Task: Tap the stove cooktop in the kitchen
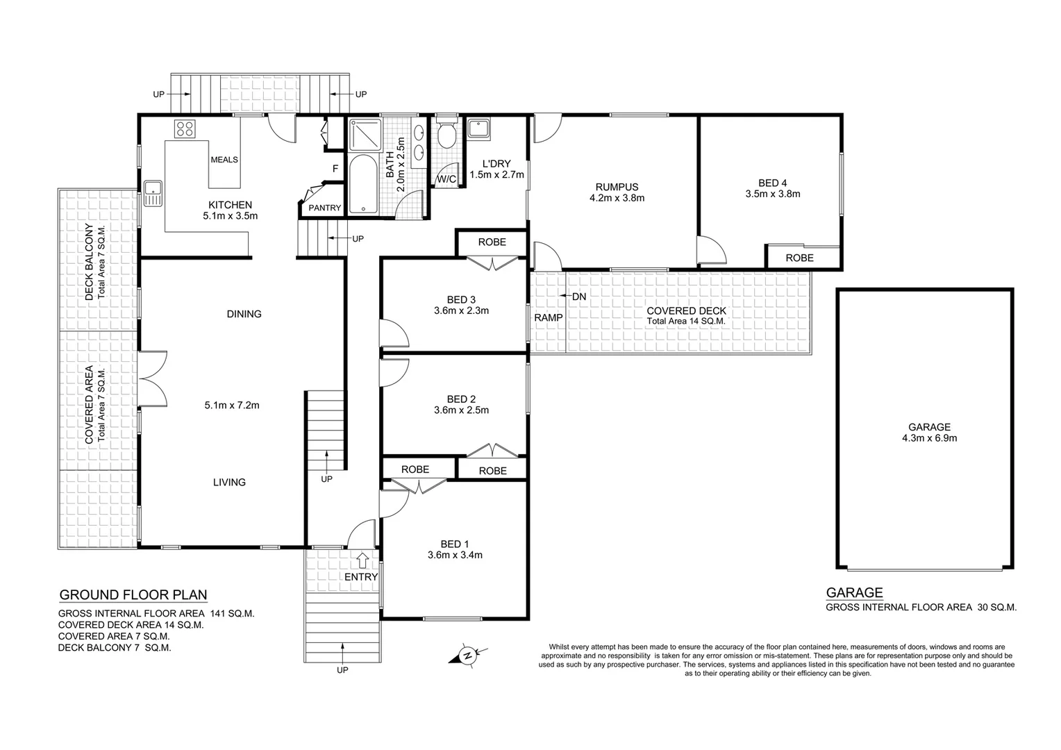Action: [x=185, y=128]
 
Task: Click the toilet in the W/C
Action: [x=446, y=134]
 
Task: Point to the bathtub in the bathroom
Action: [x=361, y=185]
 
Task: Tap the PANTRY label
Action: [x=324, y=208]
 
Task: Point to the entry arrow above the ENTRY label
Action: [x=362, y=559]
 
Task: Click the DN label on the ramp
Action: [x=578, y=297]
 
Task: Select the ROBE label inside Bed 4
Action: [x=799, y=258]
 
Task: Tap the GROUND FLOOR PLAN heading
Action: [x=133, y=594]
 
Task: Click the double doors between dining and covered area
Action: [x=153, y=378]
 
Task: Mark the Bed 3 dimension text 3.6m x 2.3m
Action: [x=461, y=310]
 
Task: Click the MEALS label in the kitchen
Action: [x=224, y=160]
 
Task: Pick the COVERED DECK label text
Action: [x=685, y=311]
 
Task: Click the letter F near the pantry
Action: [x=335, y=168]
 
